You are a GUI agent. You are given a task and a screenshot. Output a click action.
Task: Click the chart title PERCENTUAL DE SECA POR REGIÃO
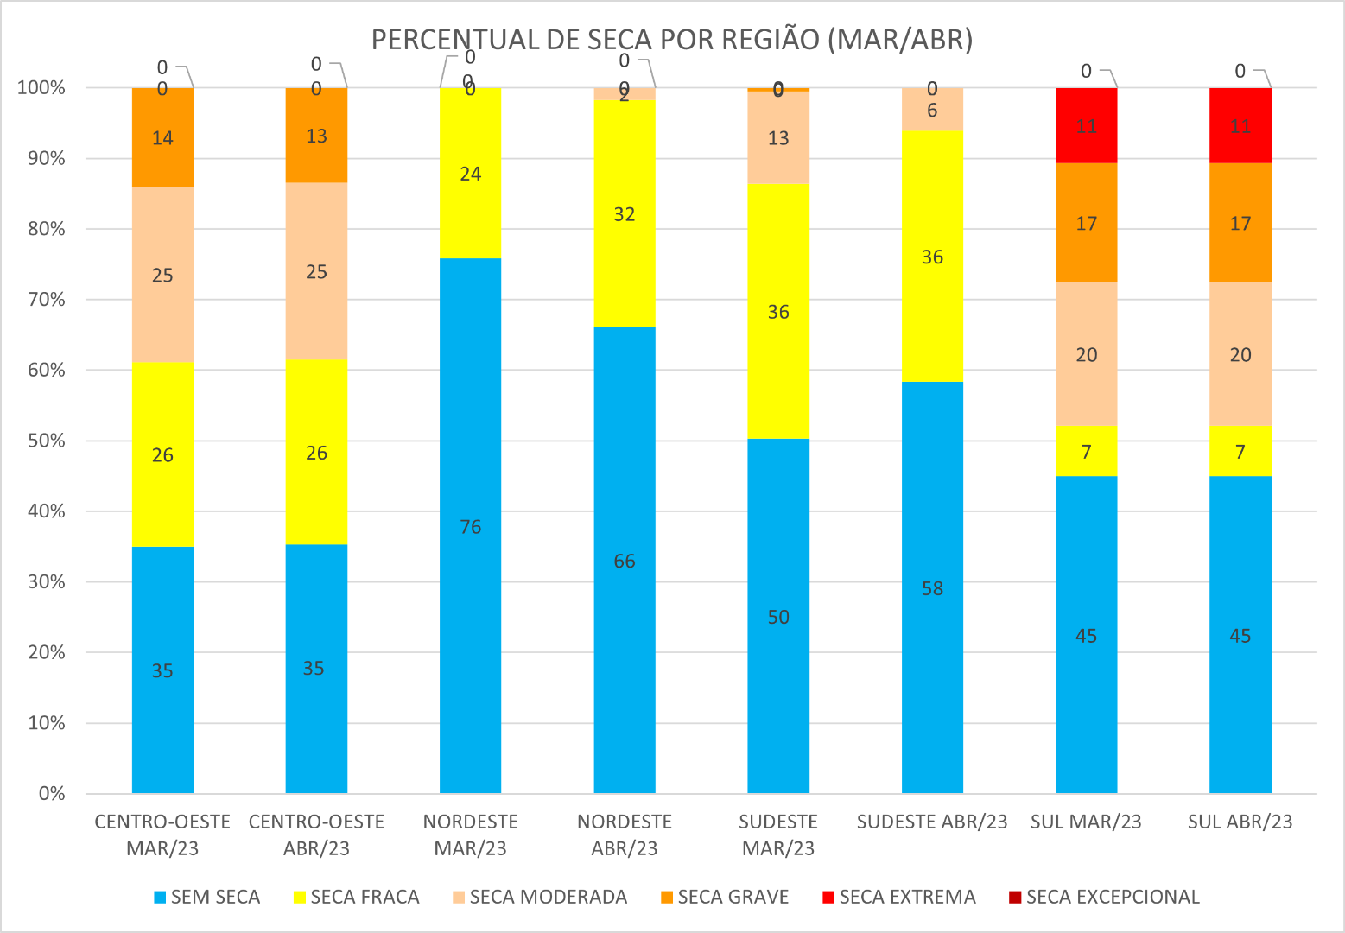pyautogui.click(x=672, y=40)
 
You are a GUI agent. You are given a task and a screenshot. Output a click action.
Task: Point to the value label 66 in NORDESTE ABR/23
pyautogui.click(x=625, y=562)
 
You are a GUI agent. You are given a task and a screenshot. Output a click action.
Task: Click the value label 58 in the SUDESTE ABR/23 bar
pyautogui.click(x=932, y=589)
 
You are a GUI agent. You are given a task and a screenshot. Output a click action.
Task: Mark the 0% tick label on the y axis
pyautogui.click(x=52, y=794)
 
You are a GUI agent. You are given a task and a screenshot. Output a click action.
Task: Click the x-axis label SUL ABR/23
pyautogui.click(x=1240, y=822)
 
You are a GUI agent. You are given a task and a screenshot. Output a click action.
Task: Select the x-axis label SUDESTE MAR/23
pyautogui.click(x=778, y=835)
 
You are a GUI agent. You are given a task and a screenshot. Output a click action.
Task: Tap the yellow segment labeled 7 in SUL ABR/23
pyautogui.click(x=1240, y=451)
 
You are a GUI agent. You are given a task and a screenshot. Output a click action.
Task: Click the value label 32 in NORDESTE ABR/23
pyautogui.click(x=625, y=214)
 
